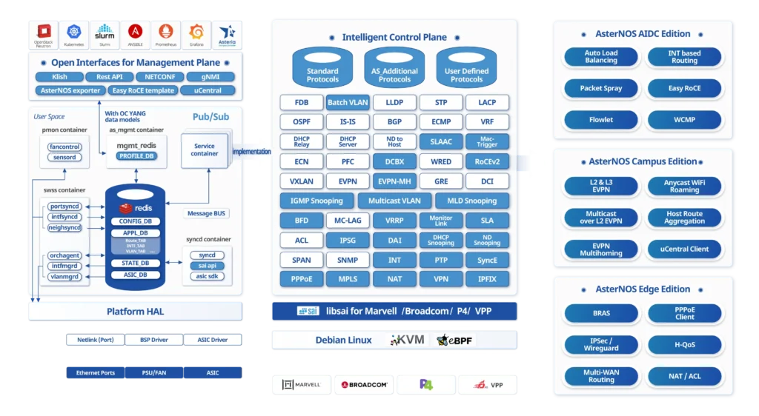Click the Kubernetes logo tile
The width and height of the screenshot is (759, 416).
point(75,34)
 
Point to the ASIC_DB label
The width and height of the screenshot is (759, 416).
point(135,275)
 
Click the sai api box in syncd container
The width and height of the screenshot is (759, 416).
point(207,266)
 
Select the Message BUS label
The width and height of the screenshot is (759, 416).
point(207,214)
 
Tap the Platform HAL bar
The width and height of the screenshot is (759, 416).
point(135,312)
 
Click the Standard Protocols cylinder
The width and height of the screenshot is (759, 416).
point(322,67)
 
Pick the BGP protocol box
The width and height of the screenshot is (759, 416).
point(394,121)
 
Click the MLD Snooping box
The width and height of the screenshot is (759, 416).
point(471,201)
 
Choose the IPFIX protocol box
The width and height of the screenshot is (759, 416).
point(487,280)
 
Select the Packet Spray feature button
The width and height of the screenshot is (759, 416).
point(601,88)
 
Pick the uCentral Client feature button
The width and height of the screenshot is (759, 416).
point(684,249)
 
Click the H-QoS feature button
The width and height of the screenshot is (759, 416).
point(684,344)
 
